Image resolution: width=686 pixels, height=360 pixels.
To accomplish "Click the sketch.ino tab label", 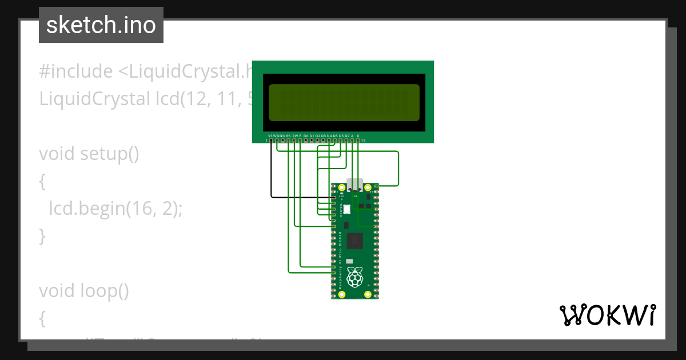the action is pyautogui.click(x=101, y=25).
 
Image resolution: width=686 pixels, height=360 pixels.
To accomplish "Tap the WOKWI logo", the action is pyautogui.click(x=608, y=315).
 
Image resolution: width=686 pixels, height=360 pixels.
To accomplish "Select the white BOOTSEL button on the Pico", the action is pyautogui.click(x=346, y=209).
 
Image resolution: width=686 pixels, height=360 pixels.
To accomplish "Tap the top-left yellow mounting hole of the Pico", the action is pyautogui.click(x=342, y=188).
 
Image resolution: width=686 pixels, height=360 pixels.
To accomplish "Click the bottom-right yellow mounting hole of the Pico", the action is pyautogui.click(x=368, y=295).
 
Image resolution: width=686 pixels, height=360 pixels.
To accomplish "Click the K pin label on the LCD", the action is pyautogui.click(x=358, y=135).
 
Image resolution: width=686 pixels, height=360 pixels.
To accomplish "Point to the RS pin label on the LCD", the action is pyautogui.click(x=289, y=135).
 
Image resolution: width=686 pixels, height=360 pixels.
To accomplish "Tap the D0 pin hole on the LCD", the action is pyautogui.click(x=306, y=140).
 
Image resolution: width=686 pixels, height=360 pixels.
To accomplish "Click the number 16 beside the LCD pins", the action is pyautogui.click(x=364, y=140).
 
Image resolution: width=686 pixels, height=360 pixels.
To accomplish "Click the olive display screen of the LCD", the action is pyautogui.click(x=344, y=103).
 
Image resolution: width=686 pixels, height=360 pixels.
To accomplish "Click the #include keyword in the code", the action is pyautogui.click(x=75, y=71).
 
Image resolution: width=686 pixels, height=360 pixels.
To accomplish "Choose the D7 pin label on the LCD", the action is pyautogui.click(x=346, y=135).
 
